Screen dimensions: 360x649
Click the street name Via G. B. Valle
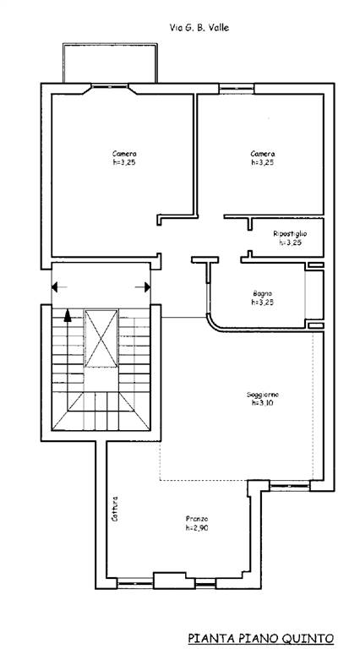(x=199, y=28)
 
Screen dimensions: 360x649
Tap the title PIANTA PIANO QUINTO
(x=260, y=637)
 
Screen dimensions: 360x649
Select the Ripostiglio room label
(x=290, y=234)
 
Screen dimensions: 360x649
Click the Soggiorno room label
(x=262, y=394)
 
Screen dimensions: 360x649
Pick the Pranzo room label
(x=197, y=519)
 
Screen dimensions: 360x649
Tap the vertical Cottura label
(x=115, y=508)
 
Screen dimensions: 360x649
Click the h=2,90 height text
(x=197, y=527)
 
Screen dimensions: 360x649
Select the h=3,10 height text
(x=262, y=403)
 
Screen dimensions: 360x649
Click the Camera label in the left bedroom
(x=124, y=154)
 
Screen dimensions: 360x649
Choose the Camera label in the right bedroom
(x=262, y=154)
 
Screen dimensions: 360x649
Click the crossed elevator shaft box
(x=101, y=338)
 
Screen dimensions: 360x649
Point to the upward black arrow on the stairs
(x=68, y=315)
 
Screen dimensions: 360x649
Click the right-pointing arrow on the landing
(x=143, y=286)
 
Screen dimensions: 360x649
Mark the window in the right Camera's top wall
(x=237, y=89)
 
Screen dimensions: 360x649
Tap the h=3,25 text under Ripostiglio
(x=290, y=243)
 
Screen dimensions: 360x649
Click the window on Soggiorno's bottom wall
(x=290, y=486)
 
